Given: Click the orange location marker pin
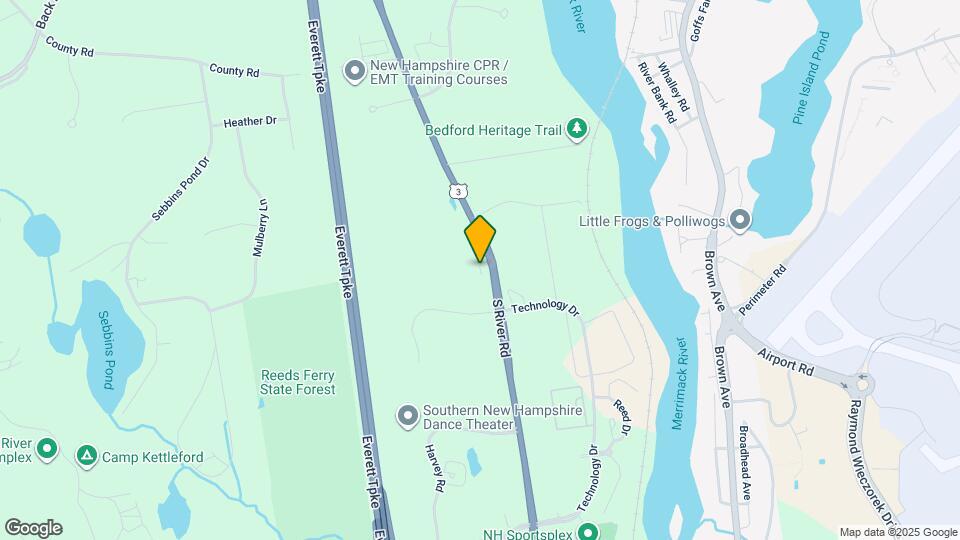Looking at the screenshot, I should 480,239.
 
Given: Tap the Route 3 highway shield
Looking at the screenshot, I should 456,190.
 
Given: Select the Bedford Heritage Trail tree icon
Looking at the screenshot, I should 576,128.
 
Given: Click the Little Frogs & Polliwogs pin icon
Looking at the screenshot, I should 740,219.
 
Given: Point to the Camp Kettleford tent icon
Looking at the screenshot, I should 87,457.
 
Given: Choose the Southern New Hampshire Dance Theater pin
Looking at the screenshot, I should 407,415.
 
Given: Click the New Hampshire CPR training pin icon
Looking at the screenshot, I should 354,71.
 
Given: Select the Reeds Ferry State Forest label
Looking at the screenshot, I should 298,382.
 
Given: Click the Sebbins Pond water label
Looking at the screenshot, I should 106,348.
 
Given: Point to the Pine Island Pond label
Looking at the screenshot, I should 811,78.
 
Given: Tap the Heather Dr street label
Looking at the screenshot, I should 250,122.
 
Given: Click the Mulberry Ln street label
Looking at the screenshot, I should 260,228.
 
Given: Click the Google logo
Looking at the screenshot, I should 33,528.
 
